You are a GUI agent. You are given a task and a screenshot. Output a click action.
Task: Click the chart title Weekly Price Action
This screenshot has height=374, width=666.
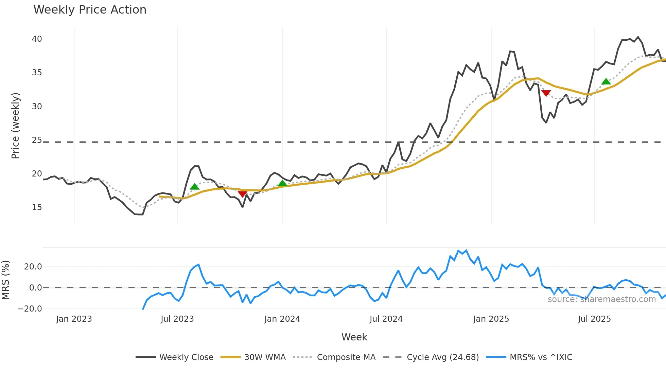point(90,10)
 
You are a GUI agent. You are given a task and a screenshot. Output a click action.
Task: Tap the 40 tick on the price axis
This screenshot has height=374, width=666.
point(37,39)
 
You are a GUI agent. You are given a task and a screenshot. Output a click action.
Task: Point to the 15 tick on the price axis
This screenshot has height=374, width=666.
point(37,207)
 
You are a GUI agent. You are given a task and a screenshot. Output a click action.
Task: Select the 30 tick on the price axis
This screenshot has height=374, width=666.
point(37,107)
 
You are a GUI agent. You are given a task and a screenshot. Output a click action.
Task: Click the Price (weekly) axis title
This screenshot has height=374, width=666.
point(15,126)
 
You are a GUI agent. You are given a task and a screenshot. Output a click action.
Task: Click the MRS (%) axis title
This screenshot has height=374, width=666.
point(5,280)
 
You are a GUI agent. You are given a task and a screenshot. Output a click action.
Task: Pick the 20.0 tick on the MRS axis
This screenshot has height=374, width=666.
point(33,267)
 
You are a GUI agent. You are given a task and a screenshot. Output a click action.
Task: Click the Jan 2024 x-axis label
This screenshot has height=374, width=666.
point(282,319)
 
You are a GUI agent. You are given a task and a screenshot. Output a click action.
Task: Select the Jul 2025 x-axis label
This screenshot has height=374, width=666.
point(594,319)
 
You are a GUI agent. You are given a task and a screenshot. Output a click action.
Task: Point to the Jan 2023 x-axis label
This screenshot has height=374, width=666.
point(74,319)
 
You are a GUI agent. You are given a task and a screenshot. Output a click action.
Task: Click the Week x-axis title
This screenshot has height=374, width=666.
point(354,337)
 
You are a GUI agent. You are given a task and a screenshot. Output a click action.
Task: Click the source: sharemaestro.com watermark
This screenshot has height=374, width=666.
point(601,299)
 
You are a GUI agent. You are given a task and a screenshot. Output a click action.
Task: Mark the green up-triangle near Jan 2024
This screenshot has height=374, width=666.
point(282,184)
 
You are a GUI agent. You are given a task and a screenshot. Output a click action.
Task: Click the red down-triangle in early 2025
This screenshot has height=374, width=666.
point(546,93)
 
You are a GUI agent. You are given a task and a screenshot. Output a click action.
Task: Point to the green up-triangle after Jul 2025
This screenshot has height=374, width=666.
point(606,81)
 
